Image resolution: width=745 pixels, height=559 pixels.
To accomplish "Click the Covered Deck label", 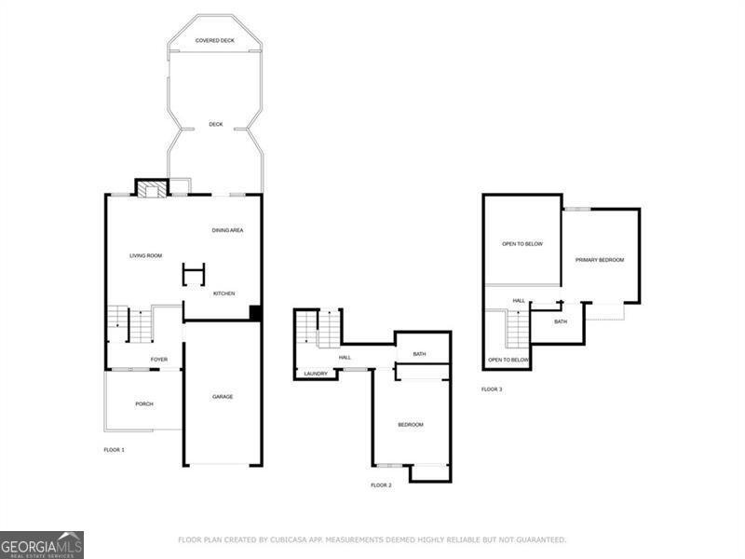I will [215, 40].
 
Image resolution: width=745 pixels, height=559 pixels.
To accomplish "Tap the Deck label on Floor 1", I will [215, 124].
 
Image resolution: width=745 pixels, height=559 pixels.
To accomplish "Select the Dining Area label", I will [227, 230].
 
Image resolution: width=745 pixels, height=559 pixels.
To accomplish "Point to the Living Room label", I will [145, 255].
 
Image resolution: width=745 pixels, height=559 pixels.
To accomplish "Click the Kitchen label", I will [223, 293].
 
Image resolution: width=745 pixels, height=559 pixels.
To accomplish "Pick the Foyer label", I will [159, 359].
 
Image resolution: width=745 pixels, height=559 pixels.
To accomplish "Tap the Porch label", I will [143, 403].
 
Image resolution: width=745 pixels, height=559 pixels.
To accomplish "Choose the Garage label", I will [223, 397].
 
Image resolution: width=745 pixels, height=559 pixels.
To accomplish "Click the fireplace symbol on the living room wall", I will [152, 189].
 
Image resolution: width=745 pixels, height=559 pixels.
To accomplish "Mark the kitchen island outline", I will [194, 274].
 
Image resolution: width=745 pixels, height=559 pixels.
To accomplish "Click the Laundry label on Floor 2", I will [316, 374].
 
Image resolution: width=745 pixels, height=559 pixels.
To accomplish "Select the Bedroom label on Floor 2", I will [411, 425].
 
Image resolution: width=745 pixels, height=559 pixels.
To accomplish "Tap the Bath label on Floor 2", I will [419, 354].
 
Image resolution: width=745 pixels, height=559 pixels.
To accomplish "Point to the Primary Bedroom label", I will [599, 260].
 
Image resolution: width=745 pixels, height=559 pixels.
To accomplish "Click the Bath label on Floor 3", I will [561, 321].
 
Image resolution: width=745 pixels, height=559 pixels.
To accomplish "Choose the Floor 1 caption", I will [114, 450].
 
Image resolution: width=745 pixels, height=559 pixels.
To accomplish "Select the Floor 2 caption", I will [381, 485].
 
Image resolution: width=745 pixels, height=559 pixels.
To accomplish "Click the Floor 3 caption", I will [492, 389].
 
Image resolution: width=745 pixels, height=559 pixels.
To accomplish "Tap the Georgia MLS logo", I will [42, 544].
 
